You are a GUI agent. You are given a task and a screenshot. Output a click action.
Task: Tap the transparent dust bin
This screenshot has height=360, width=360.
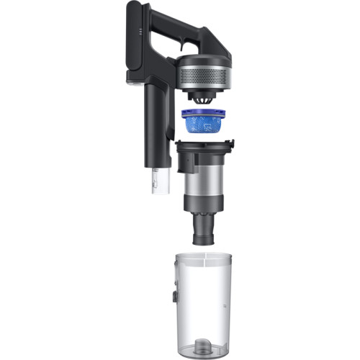[209, 302]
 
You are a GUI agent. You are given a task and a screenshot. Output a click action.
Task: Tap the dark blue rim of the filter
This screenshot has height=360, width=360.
[205, 112]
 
